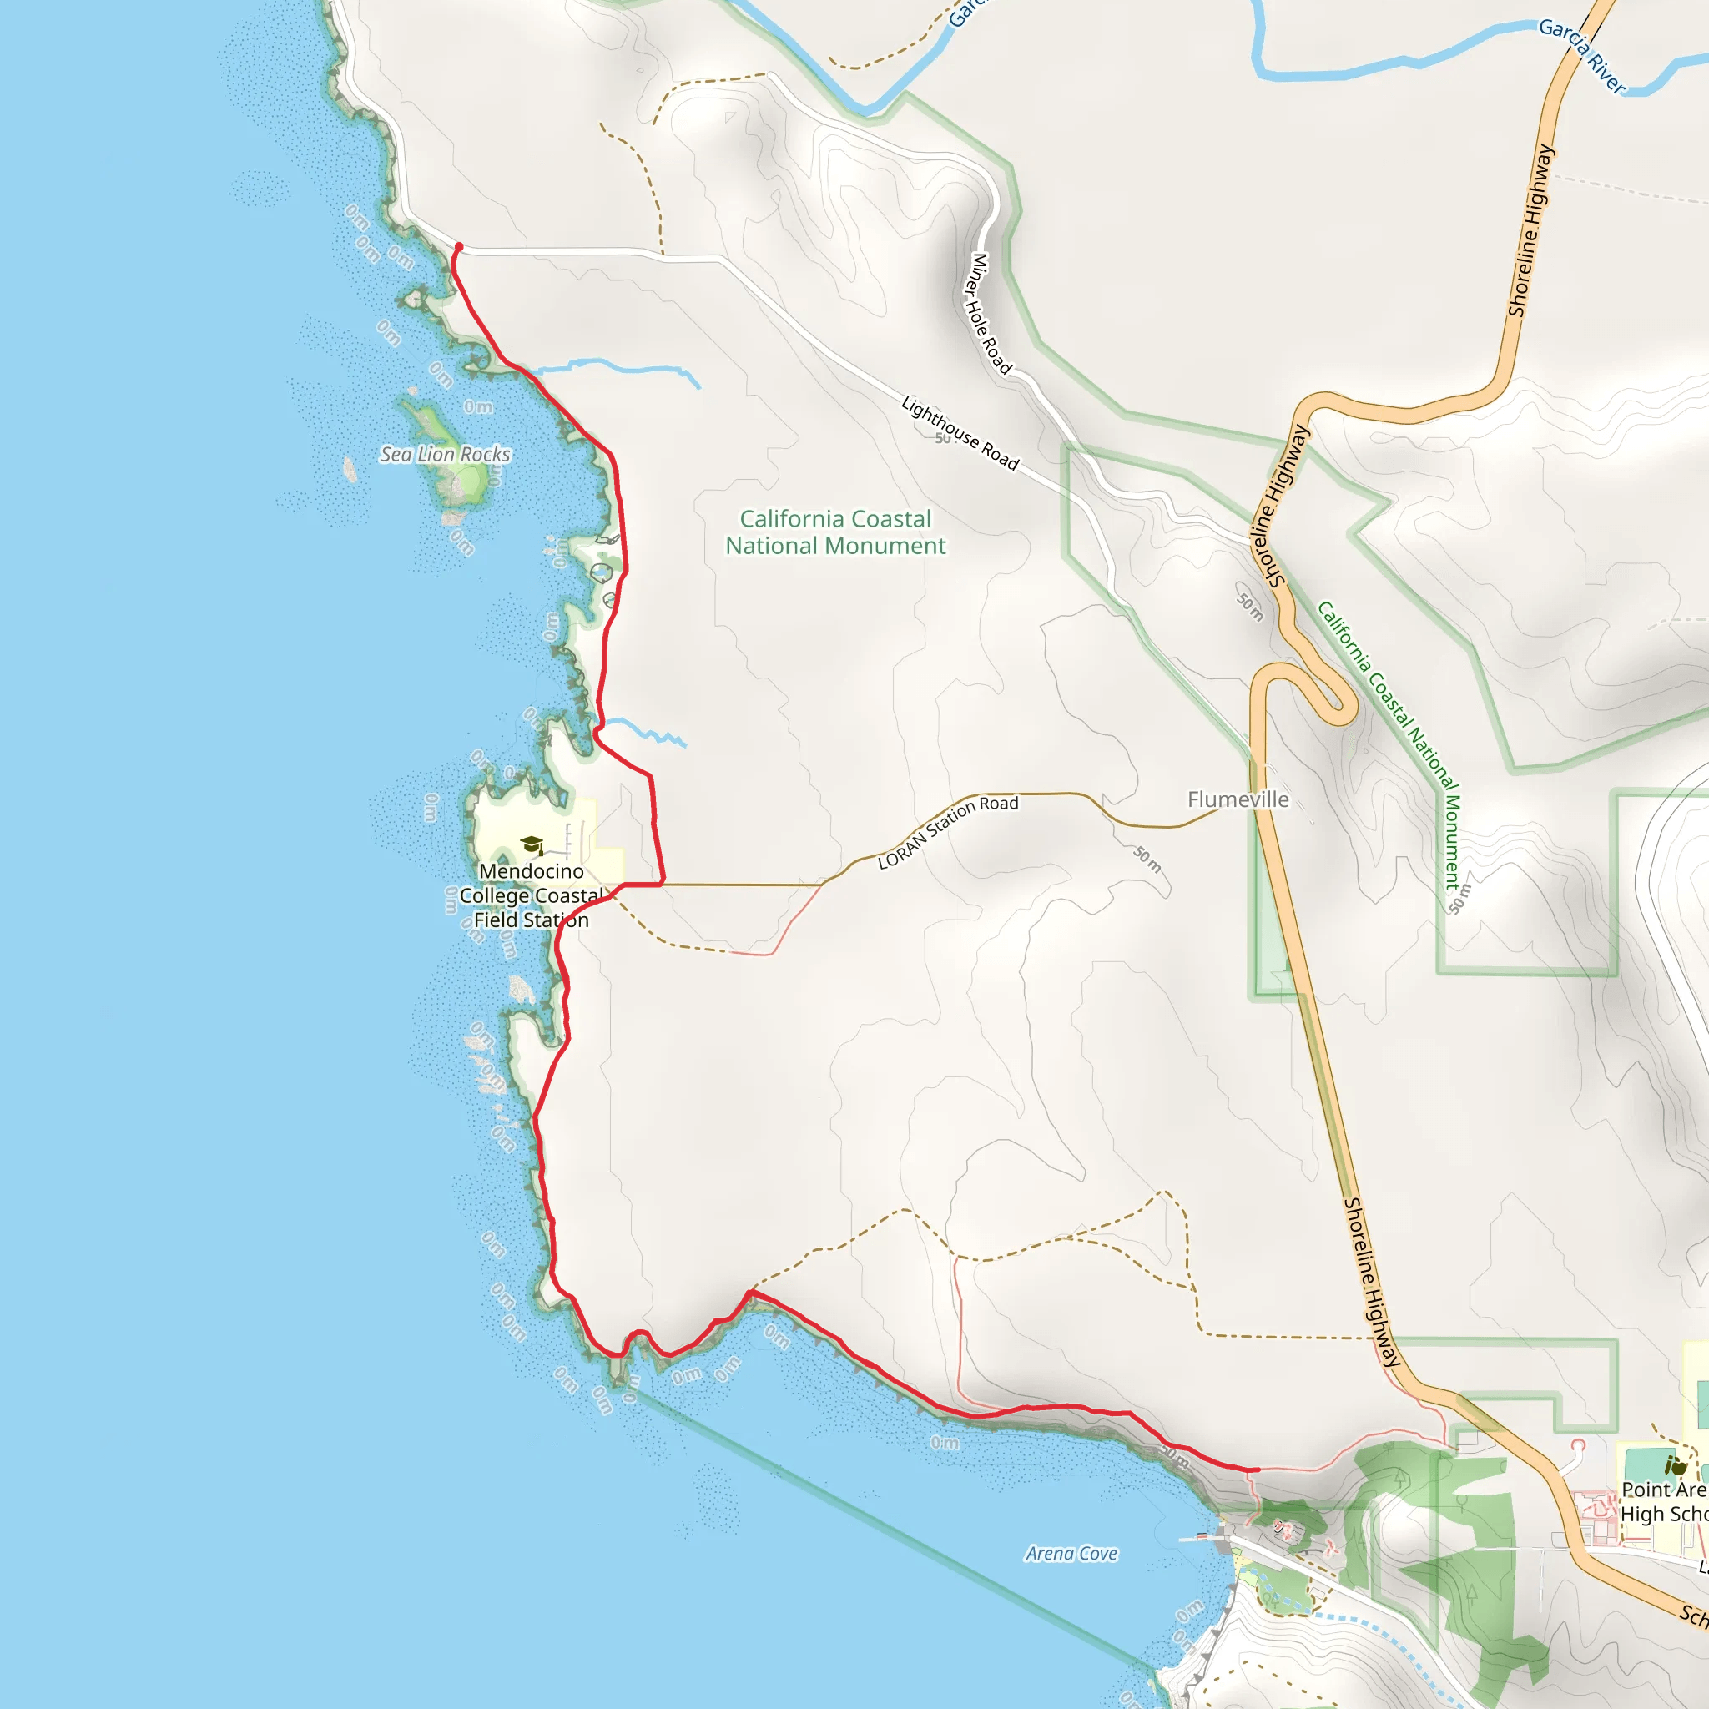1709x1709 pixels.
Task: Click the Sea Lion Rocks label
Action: point(445,454)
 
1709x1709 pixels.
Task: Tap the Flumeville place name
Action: point(1238,799)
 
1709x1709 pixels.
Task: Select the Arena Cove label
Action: point(1071,1553)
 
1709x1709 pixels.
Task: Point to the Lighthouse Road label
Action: point(960,433)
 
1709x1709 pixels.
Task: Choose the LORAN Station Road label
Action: point(947,831)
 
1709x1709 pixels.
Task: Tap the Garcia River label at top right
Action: point(1581,56)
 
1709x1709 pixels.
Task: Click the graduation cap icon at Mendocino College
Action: point(532,844)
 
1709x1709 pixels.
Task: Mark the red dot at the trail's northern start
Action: point(458,247)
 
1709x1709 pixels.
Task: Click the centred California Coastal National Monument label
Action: point(835,532)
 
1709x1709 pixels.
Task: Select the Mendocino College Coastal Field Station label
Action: point(531,895)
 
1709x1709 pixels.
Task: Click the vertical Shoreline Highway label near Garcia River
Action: point(1532,230)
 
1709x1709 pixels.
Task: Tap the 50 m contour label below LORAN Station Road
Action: point(1148,858)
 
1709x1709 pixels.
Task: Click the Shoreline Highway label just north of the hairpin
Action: point(1279,505)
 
